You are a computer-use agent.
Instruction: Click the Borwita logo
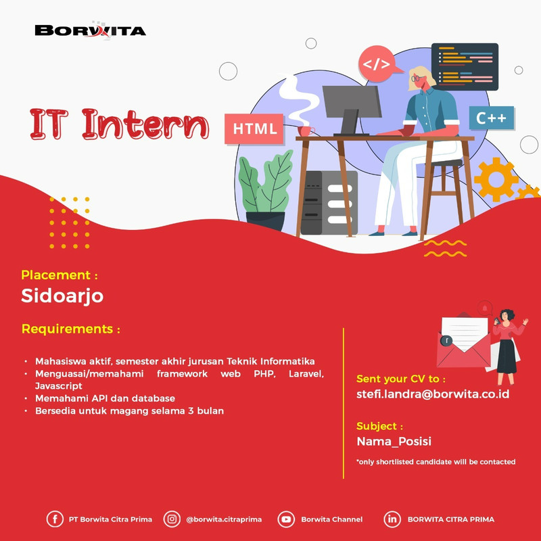click(91, 30)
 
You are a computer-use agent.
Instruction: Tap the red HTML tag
click(254, 128)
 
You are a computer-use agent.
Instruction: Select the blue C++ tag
click(492, 118)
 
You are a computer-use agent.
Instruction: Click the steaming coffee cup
click(305, 131)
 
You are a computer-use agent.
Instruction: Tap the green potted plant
click(265, 191)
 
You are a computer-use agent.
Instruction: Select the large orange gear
click(496, 179)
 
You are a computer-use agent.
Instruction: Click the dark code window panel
click(465, 66)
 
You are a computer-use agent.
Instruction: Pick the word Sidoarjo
click(62, 296)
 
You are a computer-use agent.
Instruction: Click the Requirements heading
click(71, 329)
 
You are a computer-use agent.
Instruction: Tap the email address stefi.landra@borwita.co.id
click(433, 394)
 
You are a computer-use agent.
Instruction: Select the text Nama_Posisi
click(394, 442)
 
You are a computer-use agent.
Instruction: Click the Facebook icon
click(55, 519)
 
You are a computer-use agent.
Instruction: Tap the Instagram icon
click(172, 519)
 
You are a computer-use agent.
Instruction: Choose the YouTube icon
click(286, 519)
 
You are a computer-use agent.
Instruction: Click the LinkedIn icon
click(392, 519)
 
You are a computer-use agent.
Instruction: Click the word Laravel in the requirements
click(306, 374)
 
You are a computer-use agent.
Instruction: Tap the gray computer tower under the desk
click(329, 202)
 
